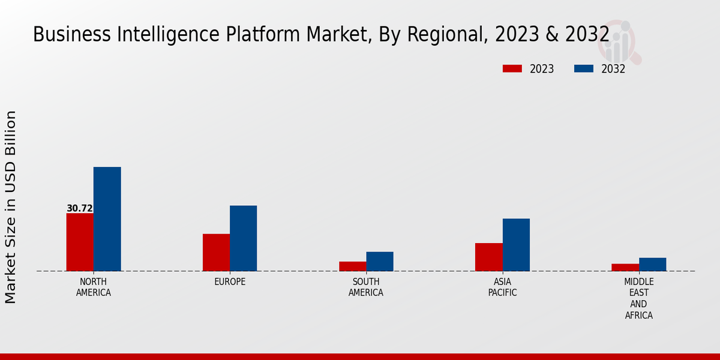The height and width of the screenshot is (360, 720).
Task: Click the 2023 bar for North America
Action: pos(80,242)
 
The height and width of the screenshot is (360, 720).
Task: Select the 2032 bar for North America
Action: pos(107,219)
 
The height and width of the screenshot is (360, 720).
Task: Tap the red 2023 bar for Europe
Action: pos(216,252)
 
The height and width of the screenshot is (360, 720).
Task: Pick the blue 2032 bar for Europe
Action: pos(243,238)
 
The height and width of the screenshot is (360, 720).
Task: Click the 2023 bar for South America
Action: pos(352,266)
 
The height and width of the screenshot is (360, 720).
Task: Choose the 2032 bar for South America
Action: pos(380,261)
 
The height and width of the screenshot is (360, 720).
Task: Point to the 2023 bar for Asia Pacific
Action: pos(488,257)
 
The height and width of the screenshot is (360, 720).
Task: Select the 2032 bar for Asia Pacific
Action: pos(516,245)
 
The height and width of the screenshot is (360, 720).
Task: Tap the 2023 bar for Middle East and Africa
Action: pos(625,268)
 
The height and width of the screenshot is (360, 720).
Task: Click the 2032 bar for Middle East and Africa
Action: pos(652,265)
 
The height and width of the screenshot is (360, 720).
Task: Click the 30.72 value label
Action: pos(80,209)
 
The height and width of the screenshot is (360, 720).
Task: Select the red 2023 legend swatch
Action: pos(512,69)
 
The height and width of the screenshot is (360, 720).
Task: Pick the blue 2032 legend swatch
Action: pos(584,69)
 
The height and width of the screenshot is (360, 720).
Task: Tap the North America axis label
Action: pos(94,287)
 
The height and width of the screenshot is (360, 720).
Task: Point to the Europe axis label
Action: pos(230,282)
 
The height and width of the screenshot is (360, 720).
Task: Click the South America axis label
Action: pos(366,287)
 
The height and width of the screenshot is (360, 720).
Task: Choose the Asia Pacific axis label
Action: pos(502,287)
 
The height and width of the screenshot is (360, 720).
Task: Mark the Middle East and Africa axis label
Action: pos(639,298)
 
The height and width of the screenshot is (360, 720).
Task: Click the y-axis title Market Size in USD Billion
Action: pos(11,207)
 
